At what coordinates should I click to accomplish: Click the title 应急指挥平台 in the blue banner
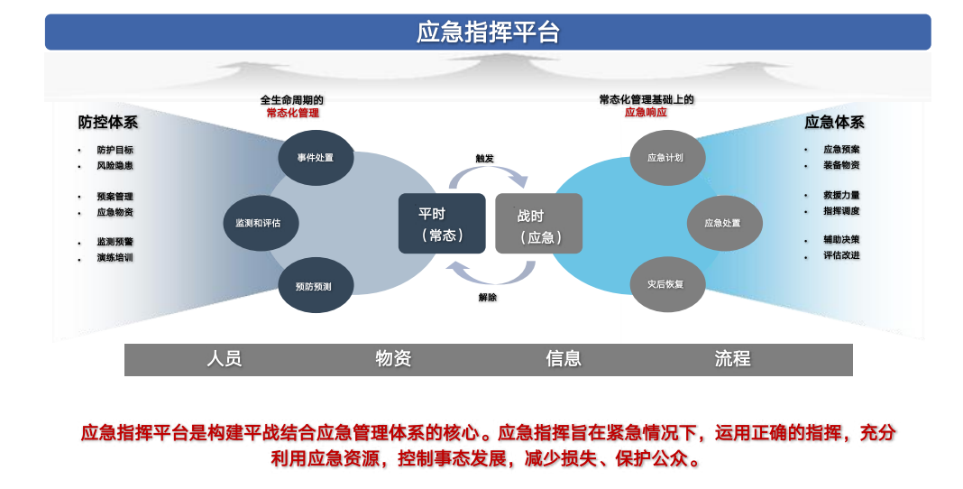(488, 32)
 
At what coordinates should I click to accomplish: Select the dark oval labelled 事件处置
(316, 158)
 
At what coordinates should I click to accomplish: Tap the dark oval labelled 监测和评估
(261, 223)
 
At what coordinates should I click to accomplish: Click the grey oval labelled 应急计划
(665, 158)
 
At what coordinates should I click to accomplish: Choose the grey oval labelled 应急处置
(723, 223)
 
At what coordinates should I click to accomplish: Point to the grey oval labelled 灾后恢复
(665, 284)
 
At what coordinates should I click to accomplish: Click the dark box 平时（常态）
(442, 224)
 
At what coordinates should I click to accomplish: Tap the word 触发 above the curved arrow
(485, 159)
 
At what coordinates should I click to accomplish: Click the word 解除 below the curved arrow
(487, 298)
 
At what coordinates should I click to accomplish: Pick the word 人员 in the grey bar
(225, 359)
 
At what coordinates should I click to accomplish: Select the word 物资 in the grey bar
(393, 359)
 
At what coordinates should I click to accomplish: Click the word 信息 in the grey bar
(564, 359)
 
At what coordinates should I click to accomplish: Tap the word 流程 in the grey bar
(732, 359)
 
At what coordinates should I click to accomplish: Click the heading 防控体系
(108, 123)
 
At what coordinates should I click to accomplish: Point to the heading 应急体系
(834, 123)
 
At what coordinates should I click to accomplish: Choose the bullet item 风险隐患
(115, 166)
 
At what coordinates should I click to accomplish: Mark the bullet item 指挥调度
(841, 211)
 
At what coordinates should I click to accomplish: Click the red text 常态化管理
(292, 114)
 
